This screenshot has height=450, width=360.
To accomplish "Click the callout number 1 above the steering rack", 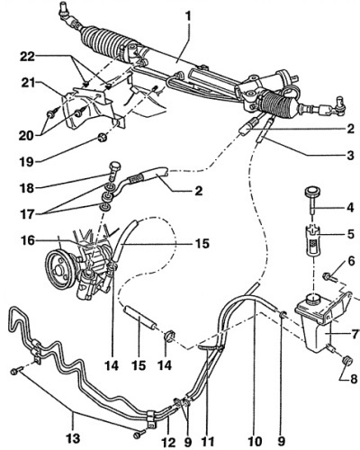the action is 188,16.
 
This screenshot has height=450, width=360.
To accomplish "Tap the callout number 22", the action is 27,57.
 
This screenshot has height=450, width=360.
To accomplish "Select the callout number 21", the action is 28,83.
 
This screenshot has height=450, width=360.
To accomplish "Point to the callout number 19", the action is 26,162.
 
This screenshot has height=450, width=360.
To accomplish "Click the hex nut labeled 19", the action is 103,138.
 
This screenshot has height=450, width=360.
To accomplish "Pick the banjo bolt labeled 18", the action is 115,171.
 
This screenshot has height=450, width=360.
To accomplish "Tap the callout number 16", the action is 28,240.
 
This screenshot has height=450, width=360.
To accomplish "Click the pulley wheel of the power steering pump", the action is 60,268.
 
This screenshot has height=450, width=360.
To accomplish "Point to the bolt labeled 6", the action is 329,276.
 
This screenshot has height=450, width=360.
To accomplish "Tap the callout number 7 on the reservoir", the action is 355,334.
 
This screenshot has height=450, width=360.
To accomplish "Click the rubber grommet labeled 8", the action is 347,361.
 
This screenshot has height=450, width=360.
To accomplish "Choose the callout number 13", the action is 73,438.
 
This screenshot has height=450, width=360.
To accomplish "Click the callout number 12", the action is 168,442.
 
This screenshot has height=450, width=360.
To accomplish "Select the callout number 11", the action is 208,442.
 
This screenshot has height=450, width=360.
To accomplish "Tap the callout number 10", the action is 255,442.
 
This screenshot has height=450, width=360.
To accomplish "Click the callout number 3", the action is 350,156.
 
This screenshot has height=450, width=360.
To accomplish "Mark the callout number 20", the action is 26,136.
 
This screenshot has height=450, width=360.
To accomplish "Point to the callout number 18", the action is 26,188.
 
